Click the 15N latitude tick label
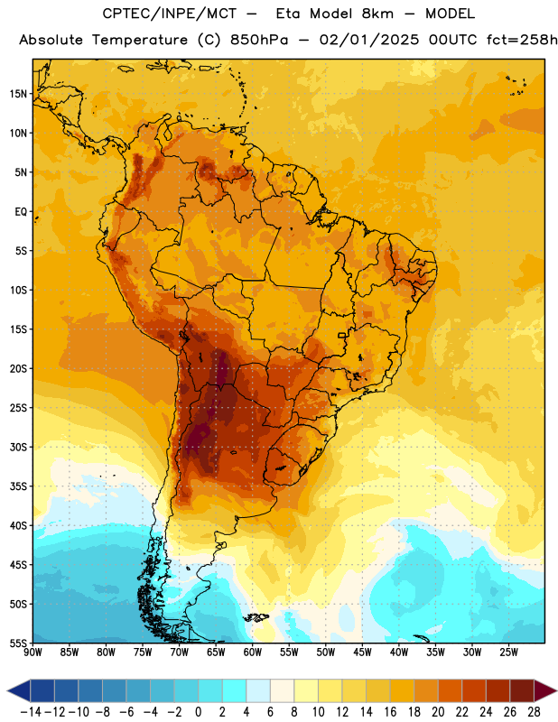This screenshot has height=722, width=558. pos(18,94)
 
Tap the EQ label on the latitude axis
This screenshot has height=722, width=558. pos(21,212)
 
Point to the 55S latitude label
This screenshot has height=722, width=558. pos(18,643)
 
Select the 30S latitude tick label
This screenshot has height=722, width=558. pos(18,447)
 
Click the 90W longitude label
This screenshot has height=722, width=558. pos(33,653)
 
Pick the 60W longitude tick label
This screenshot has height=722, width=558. pos(253,653)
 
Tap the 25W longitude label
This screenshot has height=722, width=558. pos(508,653)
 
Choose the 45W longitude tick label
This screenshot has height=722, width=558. pos(362,653)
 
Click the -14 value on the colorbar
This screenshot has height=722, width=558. pos(31,712)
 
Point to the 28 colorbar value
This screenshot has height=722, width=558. pos(534,712)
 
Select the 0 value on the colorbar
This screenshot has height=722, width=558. pos(198,712)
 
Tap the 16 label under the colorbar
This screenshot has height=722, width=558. pos(390,712)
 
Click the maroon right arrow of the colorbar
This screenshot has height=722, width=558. pos(545,690)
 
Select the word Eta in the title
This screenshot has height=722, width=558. pos(288,14)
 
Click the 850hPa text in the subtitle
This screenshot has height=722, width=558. pos(259,40)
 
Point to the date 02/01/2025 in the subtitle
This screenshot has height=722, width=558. pos(369,40)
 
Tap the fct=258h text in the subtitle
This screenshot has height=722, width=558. pos(522,40)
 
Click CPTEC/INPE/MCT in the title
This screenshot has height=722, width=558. pos(170,14)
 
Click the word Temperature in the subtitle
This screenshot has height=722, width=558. pos(140,41)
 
